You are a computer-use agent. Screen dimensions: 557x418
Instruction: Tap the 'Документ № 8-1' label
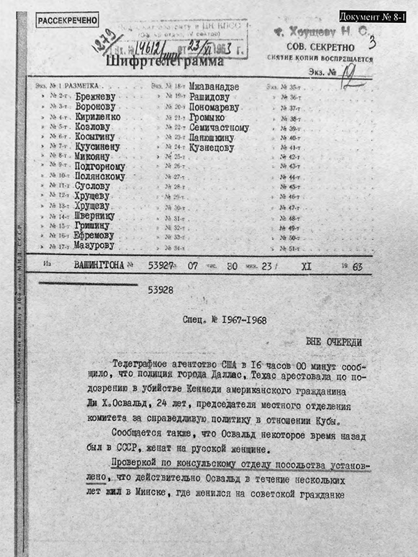[x=373, y=16]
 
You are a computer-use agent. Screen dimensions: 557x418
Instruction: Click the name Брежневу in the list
[x=95, y=96]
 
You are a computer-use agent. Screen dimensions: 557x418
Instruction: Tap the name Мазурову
[x=95, y=246]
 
